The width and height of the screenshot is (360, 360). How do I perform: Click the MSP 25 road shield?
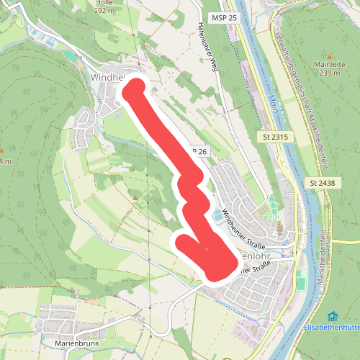coord(225,17)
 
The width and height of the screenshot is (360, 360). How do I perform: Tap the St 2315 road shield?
coord(271,136)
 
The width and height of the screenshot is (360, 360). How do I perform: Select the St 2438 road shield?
coord(323,183)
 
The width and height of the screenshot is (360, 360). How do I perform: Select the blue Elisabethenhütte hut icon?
coord(332,316)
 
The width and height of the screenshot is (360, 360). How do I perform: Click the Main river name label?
coord(271,100)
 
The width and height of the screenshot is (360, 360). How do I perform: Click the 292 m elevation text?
coord(104,11)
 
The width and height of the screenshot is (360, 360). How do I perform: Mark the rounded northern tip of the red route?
coord(135,89)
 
